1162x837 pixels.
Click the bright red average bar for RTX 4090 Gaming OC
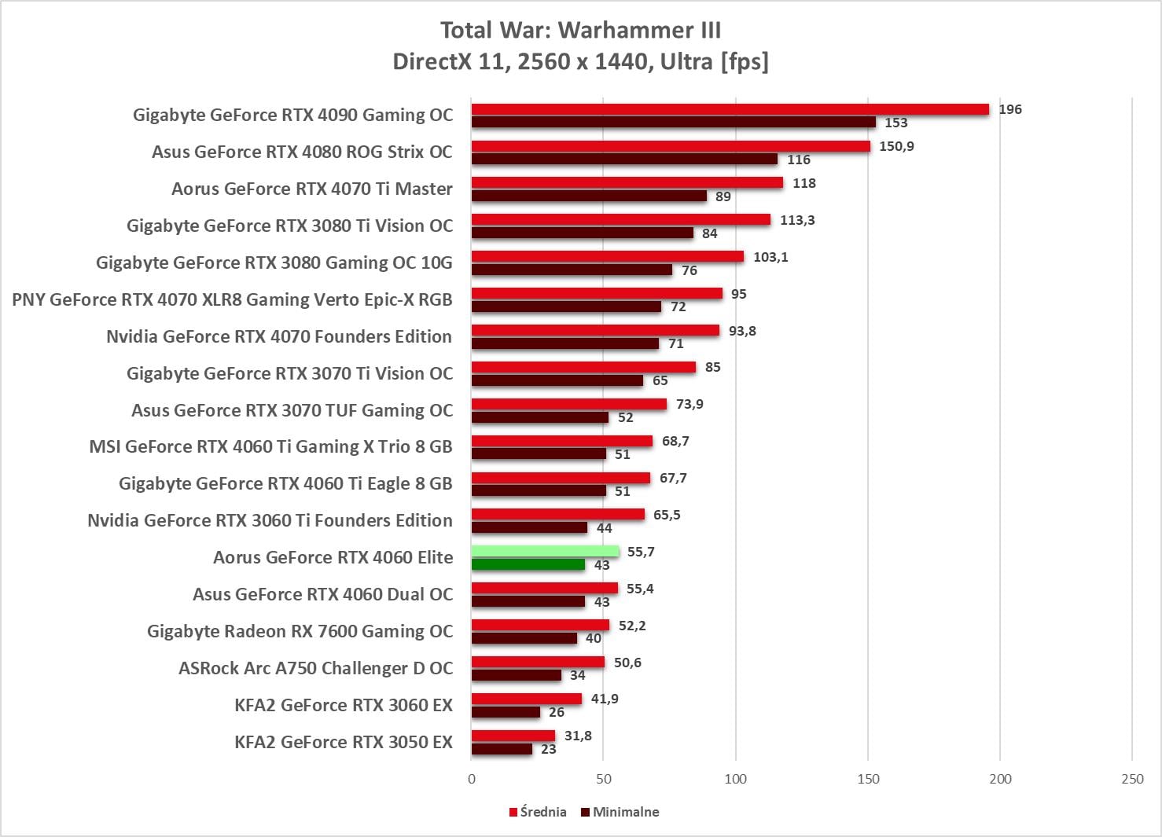click(730, 109)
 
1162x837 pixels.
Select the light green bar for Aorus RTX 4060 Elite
click(545, 552)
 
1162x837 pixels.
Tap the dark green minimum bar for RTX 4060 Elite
click(528, 564)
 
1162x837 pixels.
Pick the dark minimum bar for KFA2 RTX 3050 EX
click(502, 749)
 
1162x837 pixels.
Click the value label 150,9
click(896, 146)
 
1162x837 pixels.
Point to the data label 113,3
click(797, 220)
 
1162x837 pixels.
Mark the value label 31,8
click(578, 736)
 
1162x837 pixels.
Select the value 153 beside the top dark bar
click(895, 123)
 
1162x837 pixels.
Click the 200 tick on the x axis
click(1000, 779)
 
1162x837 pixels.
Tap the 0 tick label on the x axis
click(472, 779)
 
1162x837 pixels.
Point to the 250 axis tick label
click(1132, 779)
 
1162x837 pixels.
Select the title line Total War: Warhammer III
click(580, 30)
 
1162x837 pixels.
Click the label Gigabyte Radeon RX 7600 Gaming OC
click(300, 631)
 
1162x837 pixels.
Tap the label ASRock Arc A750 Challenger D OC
click(315, 668)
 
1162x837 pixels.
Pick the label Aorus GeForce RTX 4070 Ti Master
click(312, 189)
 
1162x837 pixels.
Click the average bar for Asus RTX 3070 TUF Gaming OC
click(568, 404)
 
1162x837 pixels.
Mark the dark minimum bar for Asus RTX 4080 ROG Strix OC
click(624, 159)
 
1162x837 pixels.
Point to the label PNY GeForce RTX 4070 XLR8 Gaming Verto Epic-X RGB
click(232, 299)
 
